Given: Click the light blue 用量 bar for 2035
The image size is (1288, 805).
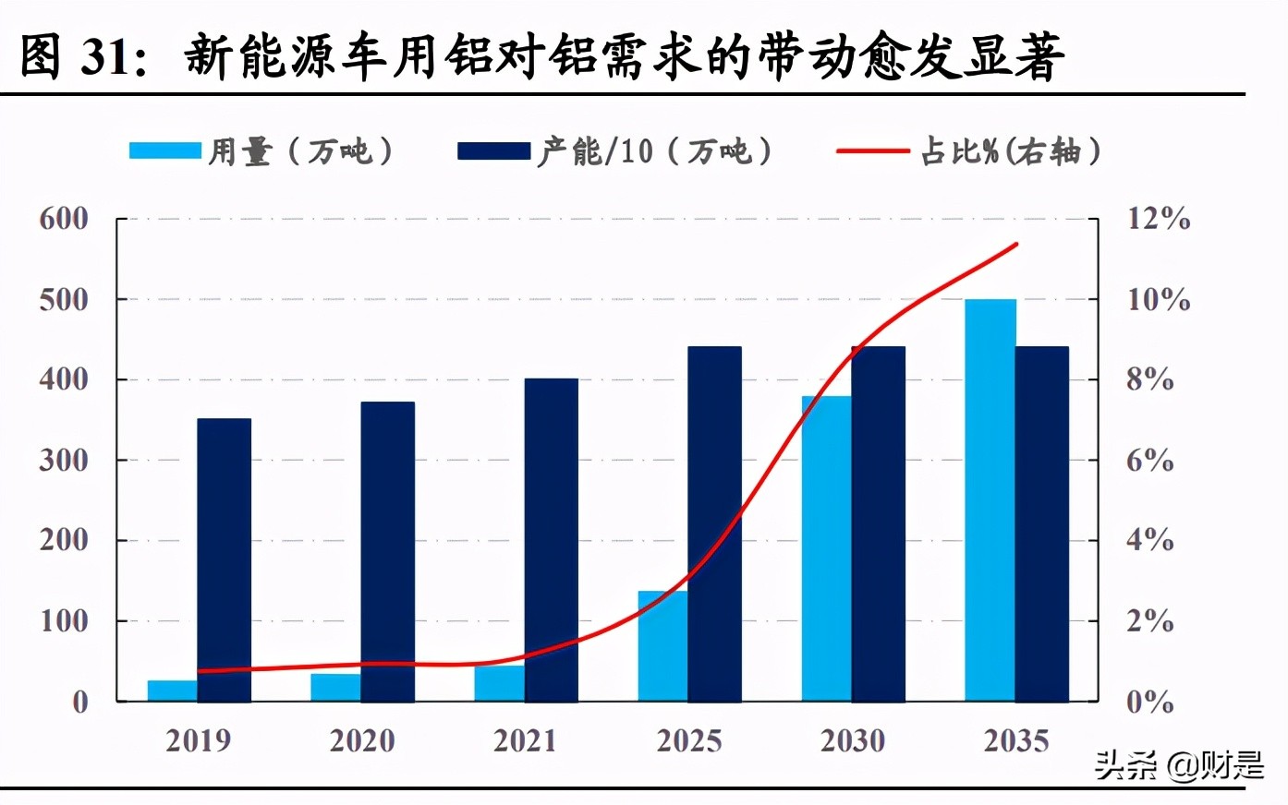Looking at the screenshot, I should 990,500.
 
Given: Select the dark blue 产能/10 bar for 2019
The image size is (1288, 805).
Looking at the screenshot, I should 225,560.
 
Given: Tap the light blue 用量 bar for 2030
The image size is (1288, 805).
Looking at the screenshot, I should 826,549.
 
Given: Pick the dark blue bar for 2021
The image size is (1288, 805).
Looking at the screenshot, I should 552,540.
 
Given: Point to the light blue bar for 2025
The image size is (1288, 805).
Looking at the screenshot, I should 662,646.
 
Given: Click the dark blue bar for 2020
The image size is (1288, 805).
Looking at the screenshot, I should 388,552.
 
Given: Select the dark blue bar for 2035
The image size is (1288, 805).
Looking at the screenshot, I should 1042,524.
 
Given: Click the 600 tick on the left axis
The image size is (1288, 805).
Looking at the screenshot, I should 64,219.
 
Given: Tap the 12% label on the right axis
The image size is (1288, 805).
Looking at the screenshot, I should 1158,219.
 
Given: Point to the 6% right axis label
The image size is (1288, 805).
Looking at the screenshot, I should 1149,460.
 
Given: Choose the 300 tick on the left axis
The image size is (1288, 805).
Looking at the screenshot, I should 64,460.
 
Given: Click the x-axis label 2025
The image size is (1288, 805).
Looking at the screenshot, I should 688,740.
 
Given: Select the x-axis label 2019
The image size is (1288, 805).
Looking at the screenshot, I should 198,740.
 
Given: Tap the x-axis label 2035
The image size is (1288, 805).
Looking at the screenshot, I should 1016,740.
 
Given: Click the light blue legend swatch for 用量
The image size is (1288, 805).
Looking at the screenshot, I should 164,150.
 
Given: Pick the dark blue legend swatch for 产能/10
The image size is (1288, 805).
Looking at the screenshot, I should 493,150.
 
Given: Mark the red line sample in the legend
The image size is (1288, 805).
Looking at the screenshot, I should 872,150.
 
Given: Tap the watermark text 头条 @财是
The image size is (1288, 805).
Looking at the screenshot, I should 1179,764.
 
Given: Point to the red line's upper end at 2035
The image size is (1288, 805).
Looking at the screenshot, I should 1016,244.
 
